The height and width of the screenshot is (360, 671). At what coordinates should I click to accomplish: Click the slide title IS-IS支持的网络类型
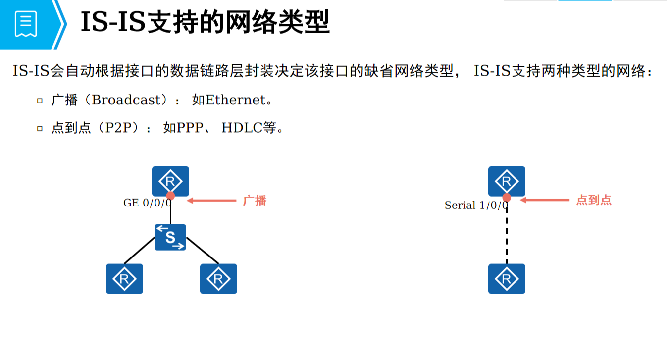205,23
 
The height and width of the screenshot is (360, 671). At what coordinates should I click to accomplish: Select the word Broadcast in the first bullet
127,100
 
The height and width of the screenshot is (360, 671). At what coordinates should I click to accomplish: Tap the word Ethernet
236,100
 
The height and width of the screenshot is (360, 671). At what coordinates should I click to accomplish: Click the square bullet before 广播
40,101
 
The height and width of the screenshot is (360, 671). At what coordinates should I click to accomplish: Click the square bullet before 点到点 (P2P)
40,129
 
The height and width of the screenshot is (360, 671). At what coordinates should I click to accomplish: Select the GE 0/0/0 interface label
147,203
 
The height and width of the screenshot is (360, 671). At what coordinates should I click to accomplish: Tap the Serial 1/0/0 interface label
476,205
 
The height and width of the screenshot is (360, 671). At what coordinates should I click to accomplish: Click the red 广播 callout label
255,201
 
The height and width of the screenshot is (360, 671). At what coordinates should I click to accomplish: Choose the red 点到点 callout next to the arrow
594,200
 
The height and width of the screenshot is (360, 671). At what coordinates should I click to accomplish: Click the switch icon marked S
170,237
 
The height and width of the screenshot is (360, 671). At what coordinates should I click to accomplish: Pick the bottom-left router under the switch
124,279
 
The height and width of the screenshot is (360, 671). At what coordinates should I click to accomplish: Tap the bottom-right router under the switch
218,279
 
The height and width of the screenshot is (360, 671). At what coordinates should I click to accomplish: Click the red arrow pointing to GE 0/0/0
212,201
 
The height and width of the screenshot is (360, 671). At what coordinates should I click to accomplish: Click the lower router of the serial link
507,279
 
